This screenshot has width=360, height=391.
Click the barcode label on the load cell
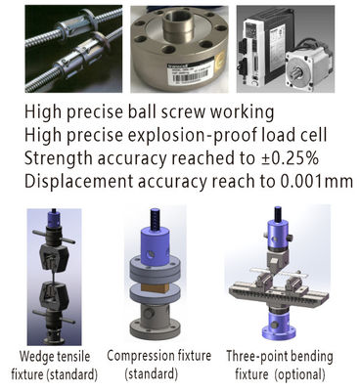(191, 71)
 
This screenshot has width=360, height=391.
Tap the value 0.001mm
(317, 181)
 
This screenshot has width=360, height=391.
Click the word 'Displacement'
(79, 182)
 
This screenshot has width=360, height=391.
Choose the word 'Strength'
(59, 159)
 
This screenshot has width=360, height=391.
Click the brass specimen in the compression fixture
(156, 286)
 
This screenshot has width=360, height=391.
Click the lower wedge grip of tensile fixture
(54, 296)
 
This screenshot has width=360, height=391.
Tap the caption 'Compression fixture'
(159, 356)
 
